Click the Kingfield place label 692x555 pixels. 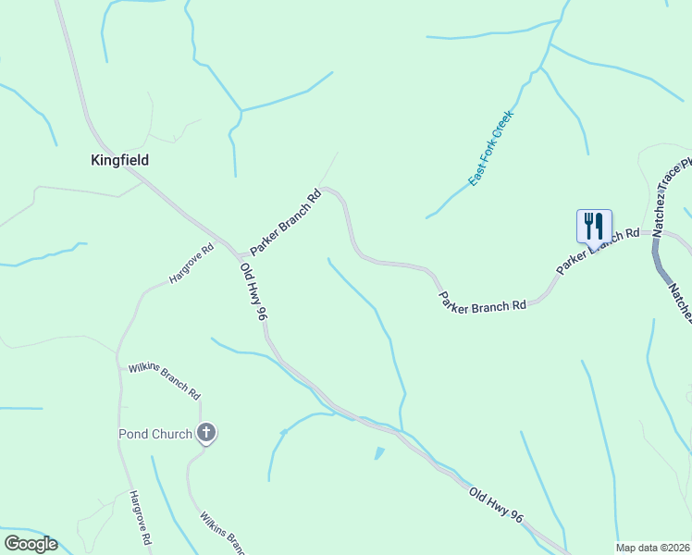(x=119, y=160)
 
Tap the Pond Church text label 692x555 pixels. (x=154, y=434)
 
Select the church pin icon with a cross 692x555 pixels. (x=206, y=432)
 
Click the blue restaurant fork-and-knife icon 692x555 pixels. (x=593, y=225)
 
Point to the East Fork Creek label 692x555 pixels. (x=490, y=148)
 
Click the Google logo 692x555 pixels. (x=31, y=544)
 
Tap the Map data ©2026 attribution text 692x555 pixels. (x=652, y=547)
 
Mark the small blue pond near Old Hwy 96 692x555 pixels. (x=378, y=453)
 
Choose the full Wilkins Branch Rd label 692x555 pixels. (x=165, y=380)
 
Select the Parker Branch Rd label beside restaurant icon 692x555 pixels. (x=598, y=251)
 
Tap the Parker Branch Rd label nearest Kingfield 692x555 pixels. (x=285, y=223)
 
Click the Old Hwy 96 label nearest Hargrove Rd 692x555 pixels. (x=253, y=291)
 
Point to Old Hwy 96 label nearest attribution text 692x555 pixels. (x=496, y=507)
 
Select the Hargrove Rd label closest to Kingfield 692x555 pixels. (x=191, y=264)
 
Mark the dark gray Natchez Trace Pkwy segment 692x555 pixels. (x=662, y=264)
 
